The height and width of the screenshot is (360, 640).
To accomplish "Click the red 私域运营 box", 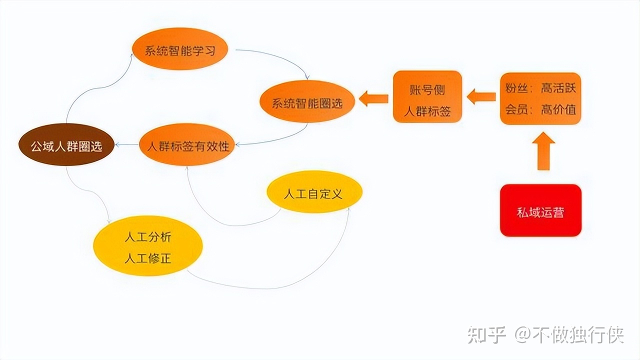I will tap(540, 210).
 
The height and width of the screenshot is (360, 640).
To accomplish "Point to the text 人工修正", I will tap(147, 258).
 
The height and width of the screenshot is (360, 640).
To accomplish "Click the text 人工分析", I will tap(147, 236).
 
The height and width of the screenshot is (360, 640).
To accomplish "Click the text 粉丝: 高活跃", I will tap(540, 88).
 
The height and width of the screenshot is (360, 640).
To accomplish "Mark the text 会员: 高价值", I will tap(540, 109).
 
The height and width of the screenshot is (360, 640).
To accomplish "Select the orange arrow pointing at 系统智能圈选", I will tap(373, 98).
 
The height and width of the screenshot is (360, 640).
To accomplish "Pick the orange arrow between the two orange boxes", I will tap(481, 96).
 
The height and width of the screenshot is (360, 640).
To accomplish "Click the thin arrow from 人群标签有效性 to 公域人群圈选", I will tap(126, 145).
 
